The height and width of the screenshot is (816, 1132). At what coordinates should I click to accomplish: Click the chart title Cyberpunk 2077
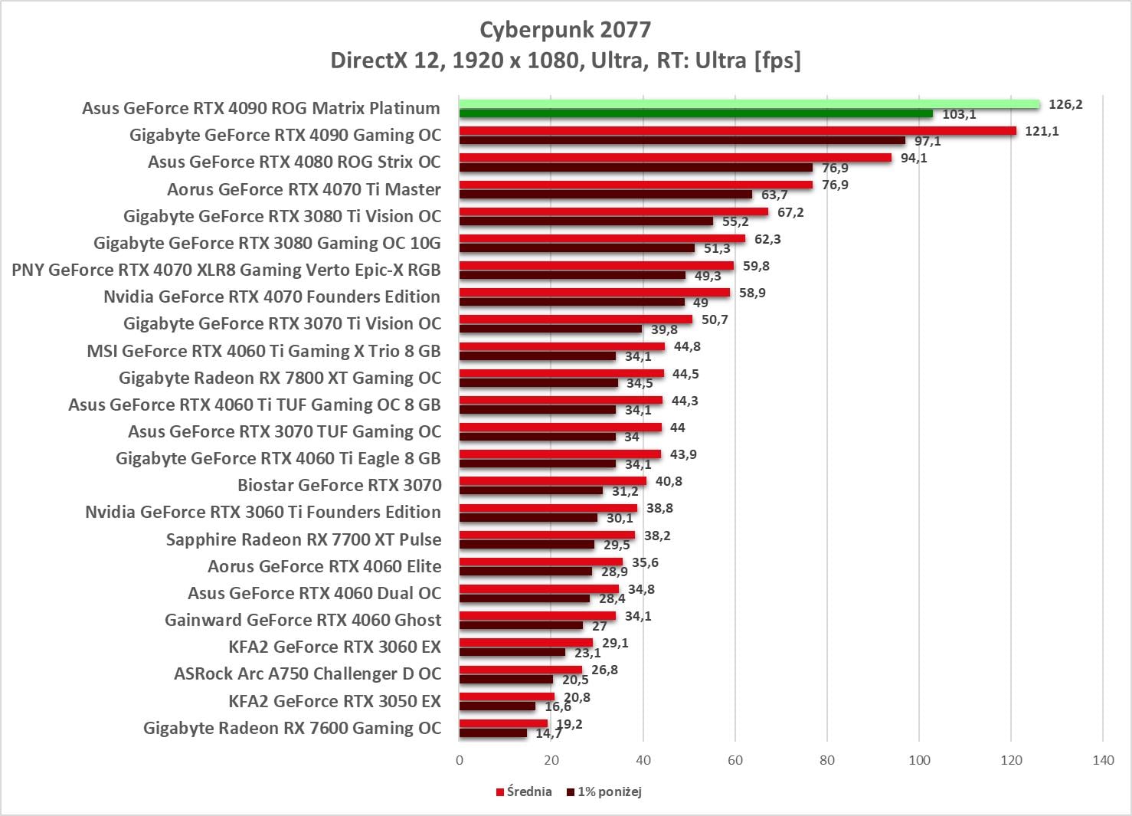coord(565,30)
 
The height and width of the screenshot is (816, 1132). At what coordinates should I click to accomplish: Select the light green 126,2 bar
coord(749,104)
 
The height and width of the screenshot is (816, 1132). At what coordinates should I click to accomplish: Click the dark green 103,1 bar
coord(695,114)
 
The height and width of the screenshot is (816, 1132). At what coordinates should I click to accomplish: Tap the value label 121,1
coord(1042,131)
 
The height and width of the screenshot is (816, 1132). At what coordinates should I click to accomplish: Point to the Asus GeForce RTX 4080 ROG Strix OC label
coord(294,162)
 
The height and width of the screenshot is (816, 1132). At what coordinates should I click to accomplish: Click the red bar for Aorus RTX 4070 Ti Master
coord(636,185)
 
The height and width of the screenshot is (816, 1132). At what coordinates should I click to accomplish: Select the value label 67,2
coord(790,212)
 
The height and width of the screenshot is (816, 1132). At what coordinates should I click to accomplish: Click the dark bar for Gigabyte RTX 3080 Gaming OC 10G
coord(577,248)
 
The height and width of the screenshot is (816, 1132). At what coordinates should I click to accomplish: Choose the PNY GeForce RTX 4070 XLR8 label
coord(226,270)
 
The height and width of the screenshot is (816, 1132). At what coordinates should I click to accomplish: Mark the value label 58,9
coord(752,293)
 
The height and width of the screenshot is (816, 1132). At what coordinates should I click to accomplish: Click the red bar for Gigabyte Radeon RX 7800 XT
coord(561,373)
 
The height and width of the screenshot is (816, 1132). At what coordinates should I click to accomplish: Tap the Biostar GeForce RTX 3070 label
coord(339,485)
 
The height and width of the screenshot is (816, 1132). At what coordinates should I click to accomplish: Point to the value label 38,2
coord(657,536)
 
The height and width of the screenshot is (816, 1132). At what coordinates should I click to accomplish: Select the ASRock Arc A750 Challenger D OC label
coord(307,673)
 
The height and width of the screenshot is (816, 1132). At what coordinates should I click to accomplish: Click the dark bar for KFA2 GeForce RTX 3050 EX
coord(497,706)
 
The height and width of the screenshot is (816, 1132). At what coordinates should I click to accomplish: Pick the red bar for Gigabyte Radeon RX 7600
coord(503,723)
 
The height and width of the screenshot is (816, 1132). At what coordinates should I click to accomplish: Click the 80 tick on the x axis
coord(827,760)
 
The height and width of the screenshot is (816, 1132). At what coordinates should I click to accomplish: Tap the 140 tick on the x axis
coord(1103,760)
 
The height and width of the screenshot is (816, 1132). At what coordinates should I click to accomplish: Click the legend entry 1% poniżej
coord(604,791)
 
